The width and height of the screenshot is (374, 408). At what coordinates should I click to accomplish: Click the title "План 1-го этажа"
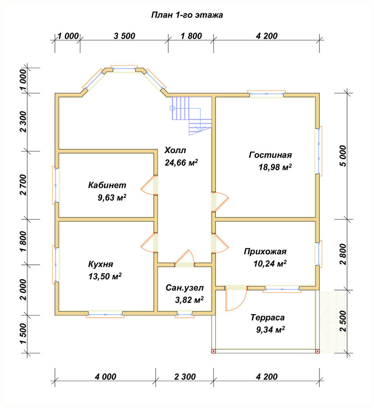pos(187,15)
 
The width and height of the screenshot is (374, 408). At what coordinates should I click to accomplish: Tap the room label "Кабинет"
pos(107,185)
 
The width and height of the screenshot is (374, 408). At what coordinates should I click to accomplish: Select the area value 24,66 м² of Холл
pos(181,163)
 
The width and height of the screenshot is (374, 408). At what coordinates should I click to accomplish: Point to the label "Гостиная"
pos(270,155)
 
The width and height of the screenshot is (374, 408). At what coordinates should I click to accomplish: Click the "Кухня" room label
pos(101,264)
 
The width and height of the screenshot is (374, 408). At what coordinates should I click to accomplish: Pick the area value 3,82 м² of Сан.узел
pos(189,300)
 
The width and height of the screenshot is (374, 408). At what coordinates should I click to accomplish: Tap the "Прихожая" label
pos(265,252)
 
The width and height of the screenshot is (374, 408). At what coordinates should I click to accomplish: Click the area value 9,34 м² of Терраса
pos(270,330)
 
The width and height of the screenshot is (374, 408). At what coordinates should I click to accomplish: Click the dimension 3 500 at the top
pos(124,36)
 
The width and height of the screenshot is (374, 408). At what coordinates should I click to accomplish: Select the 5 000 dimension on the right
pos(343,156)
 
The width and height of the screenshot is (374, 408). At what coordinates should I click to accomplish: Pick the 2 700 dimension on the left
pos(23,185)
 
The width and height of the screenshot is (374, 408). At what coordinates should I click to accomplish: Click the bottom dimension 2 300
pos(185,377)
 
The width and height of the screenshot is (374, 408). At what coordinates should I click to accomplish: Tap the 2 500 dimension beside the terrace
pos(343,321)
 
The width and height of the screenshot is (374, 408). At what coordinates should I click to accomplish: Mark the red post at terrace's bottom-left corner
pos(213,351)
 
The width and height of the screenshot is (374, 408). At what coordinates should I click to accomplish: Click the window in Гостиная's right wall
pos(319,151)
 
